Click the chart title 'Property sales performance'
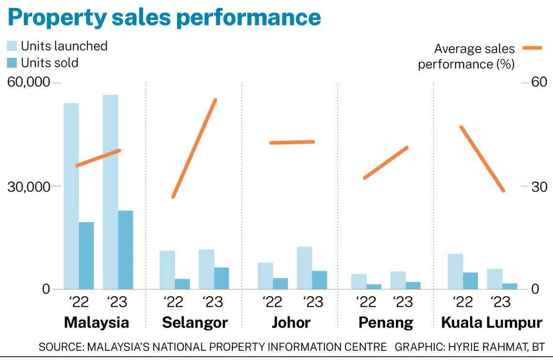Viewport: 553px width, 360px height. pyautogui.click(x=164, y=17)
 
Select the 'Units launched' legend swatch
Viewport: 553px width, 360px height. pyautogui.click(x=12, y=46)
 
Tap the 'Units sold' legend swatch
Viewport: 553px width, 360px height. pyautogui.click(x=12, y=63)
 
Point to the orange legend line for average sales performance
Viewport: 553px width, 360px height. pyautogui.click(x=532, y=48)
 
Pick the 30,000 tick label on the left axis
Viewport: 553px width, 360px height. pyautogui.click(x=29, y=186)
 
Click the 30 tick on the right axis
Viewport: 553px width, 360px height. pyautogui.click(x=539, y=186)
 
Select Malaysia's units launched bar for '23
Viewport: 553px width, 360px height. pyautogui.click(x=111, y=192)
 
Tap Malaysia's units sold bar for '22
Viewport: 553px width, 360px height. pyautogui.click(x=86, y=256)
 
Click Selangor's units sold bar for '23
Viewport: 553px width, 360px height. pyautogui.click(x=222, y=278)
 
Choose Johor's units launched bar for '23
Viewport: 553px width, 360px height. pyautogui.click(x=304, y=268)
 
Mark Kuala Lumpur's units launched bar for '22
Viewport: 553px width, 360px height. pyautogui.click(x=455, y=272)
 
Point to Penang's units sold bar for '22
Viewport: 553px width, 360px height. pyautogui.click(x=374, y=287)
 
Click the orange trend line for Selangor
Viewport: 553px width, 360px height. pyautogui.click(x=195, y=148)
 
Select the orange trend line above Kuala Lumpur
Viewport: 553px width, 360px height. pyautogui.click(x=483, y=159)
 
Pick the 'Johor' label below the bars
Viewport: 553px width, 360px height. pyautogui.click(x=291, y=323)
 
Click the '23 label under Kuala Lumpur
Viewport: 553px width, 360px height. pyautogui.click(x=501, y=302)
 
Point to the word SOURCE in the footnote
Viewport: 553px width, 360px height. pyautogui.click(x=60, y=347)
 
